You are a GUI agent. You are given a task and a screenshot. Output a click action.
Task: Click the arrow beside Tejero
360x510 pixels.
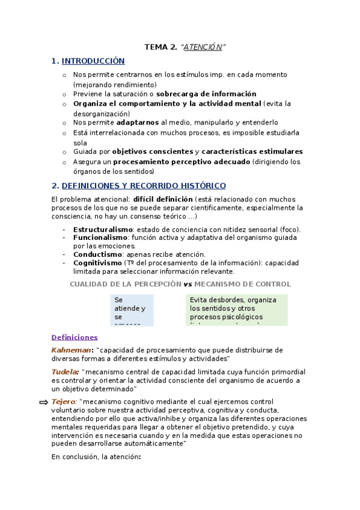tap(43, 402)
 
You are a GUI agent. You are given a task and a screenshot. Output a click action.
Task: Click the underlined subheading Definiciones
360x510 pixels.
tap(75, 337)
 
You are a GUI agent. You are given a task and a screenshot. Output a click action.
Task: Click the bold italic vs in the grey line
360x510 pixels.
tap(188, 284)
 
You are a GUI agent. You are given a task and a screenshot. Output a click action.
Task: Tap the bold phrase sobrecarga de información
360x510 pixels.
tap(206, 94)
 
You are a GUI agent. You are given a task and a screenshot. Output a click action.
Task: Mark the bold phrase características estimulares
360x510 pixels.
tap(252, 152)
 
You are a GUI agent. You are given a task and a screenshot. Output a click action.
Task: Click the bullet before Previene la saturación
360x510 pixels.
tap(65, 94)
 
